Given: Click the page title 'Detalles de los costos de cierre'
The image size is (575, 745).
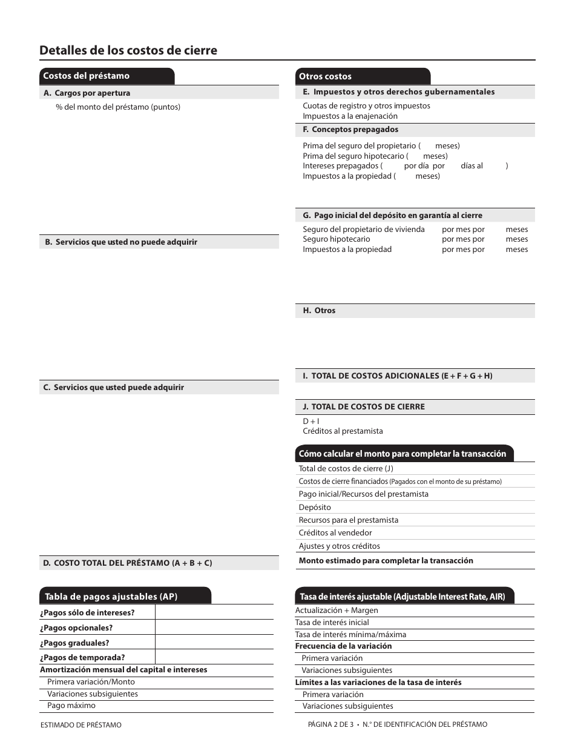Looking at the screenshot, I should coord(128,50).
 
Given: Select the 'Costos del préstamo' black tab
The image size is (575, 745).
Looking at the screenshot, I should coord(87,76).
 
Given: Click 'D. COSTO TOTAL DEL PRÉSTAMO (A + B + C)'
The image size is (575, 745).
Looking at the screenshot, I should coord(127,563).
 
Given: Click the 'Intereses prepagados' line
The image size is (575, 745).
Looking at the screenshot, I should coord(341,166).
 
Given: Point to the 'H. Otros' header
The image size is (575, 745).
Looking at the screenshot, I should coord(319,311).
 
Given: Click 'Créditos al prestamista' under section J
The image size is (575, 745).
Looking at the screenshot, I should coord(343,431).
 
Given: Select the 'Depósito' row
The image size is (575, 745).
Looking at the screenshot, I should coord(315,508).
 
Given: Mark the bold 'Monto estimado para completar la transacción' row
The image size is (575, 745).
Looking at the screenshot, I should coord(386,561).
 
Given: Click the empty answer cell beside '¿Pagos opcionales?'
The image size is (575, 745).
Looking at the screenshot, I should coord(214,628).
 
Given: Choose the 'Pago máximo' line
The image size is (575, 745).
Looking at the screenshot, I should coord(71,706).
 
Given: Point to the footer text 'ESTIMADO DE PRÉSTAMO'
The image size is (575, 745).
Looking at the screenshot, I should coord(80,725).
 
